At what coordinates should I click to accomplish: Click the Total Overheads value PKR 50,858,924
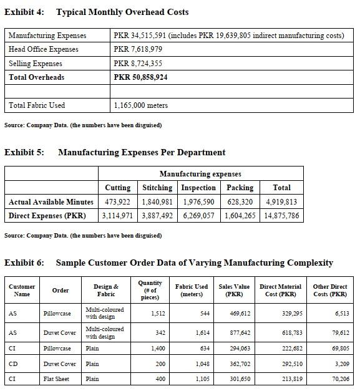[140, 77]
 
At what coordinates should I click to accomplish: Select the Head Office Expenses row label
[44, 49]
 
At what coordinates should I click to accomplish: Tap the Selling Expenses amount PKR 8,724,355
[138, 64]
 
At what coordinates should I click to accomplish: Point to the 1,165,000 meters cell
[141, 105]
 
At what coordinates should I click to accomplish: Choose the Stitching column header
[157, 188]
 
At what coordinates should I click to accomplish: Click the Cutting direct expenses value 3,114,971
[117, 216]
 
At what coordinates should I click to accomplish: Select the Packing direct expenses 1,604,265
[240, 216]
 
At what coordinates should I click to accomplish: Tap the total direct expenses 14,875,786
[281, 216]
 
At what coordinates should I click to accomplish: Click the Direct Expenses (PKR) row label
[47, 216]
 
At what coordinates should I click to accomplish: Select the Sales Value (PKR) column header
[234, 290]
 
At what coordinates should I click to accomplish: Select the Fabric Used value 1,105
[200, 379]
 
